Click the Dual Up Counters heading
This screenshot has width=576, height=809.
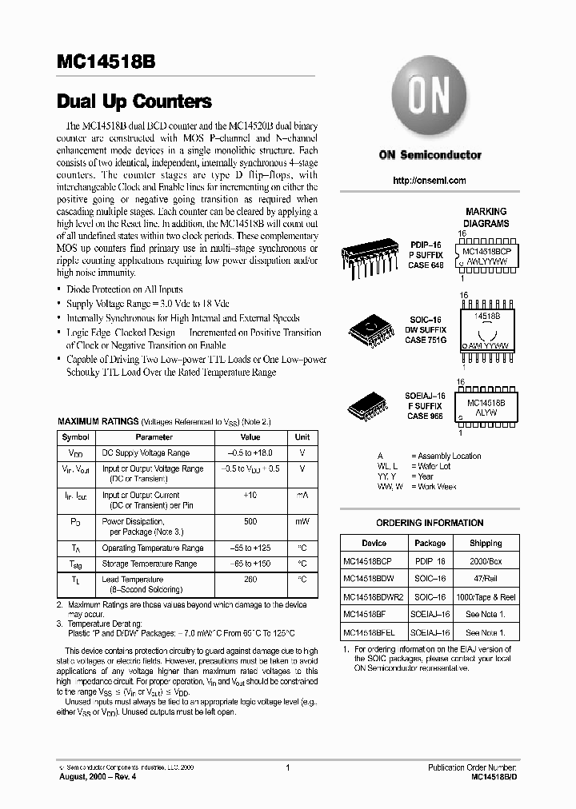pos(134,102)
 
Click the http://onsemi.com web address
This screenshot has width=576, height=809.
pos(430,181)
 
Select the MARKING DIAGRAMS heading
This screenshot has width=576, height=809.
pos(486,218)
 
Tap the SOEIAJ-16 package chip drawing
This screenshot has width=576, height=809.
pos(370,406)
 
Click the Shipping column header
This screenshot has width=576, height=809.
pos(486,543)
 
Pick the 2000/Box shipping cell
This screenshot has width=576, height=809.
pos(486,561)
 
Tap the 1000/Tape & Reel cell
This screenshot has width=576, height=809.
pos(486,596)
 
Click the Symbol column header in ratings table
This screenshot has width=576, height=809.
pos(76,437)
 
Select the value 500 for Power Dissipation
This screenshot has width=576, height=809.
pos(250,521)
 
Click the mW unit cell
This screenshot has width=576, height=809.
pos(302,521)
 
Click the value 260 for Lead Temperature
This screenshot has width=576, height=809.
pos(250,579)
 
